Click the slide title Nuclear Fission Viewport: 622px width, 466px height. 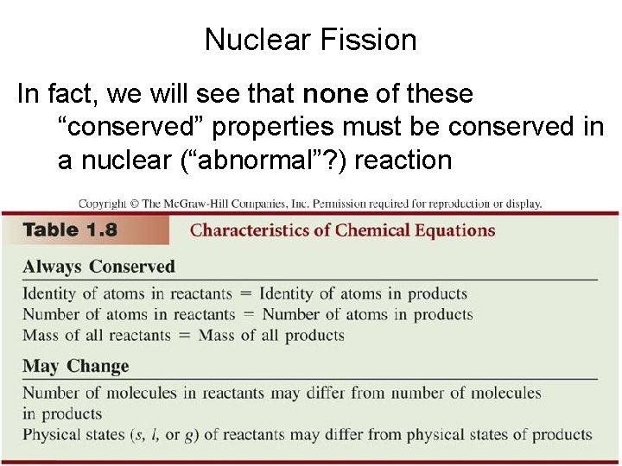tap(310, 41)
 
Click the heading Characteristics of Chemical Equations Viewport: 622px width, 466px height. tap(342, 230)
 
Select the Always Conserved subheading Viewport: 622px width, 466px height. tap(98, 267)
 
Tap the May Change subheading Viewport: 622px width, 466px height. tap(75, 366)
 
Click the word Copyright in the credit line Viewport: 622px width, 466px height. tap(103, 204)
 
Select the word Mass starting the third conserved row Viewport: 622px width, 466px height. tap(41, 335)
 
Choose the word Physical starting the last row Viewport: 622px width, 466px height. tap(53, 434)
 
